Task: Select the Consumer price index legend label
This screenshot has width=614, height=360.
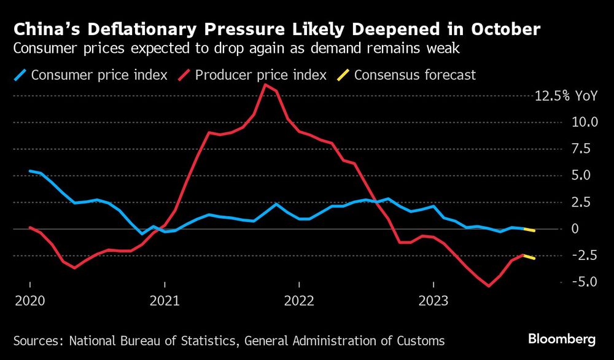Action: coord(99,76)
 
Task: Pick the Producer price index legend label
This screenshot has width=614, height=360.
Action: coord(259,76)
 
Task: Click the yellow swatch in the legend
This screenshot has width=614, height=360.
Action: coord(343,76)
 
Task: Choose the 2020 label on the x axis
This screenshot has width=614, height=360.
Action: coord(30,302)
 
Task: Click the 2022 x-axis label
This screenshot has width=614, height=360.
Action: coord(299,302)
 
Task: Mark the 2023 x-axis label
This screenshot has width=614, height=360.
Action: coord(433,302)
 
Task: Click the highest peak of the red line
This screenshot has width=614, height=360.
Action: coord(265,85)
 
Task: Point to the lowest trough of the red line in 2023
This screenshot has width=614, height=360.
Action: coord(489,286)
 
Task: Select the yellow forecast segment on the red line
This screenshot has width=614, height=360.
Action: coord(529,257)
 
